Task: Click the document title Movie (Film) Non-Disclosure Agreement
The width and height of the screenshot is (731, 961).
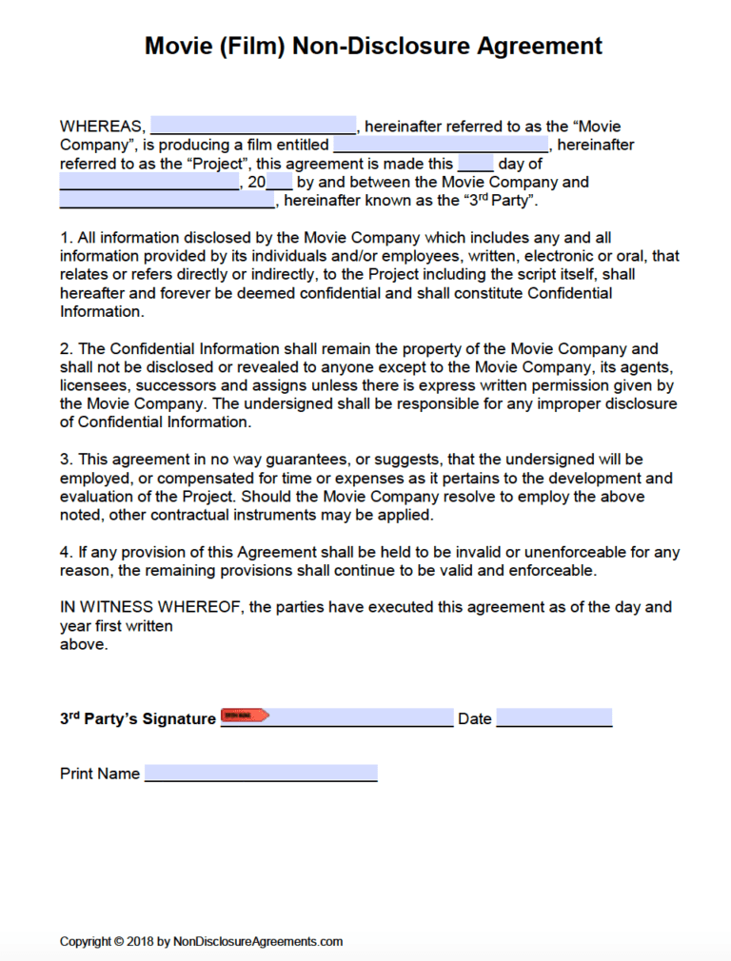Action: point(373,46)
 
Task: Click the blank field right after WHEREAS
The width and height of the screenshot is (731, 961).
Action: point(253,126)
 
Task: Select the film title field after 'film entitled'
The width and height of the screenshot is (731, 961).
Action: point(441,145)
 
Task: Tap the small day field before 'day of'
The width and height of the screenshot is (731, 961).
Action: point(475,163)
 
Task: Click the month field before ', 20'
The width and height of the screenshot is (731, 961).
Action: point(149,182)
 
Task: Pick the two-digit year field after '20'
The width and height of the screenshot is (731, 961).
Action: point(280,182)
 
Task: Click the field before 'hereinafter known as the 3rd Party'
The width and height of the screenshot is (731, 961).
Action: point(167,201)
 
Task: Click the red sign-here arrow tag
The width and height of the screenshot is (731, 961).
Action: point(245,715)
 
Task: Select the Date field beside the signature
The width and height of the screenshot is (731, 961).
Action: point(554,717)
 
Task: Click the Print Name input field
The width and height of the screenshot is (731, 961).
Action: point(261,773)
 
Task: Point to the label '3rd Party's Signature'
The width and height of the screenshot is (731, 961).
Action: point(138,718)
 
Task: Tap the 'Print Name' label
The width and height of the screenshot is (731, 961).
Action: point(100,774)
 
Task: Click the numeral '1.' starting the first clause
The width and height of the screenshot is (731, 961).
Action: point(66,238)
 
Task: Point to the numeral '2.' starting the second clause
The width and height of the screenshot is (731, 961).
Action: point(66,349)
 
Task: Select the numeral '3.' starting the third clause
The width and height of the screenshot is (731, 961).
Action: point(66,461)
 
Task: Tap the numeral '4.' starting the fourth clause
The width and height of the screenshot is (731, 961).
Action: point(66,553)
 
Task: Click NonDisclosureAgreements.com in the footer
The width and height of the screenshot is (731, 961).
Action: point(257,941)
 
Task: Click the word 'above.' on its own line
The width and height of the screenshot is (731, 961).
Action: point(84,644)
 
